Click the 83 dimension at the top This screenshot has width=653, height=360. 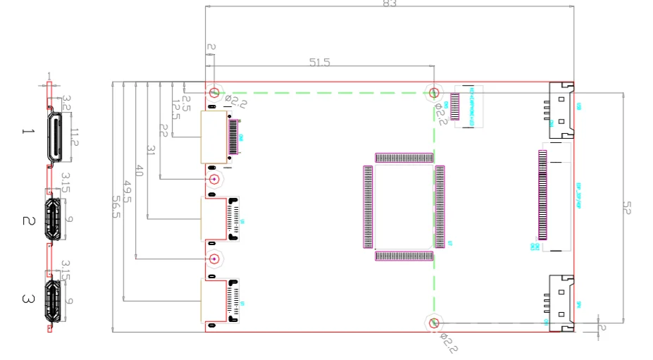pyautogui.click(x=390, y=4)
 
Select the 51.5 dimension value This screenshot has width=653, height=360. pyautogui.click(x=319, y=63)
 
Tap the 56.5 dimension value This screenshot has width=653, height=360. pyautogui.click(x=117, y=206)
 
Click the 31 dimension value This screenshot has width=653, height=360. pyautogui.click(x=150, y=151)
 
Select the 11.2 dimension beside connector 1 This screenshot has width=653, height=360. pyautogui.click(x=74, y=133)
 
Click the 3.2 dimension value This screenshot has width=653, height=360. pyautogui.click(x=68, y=103)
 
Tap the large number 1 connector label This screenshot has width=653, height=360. pyautogui.click(x=27, y=132)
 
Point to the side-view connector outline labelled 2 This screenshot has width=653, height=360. pyautogui.click(x=53, y=221)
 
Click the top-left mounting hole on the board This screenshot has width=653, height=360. pyautogui.click(x=215, y=92)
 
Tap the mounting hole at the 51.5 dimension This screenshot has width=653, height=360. pyautogui.click(x=435, y=92)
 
